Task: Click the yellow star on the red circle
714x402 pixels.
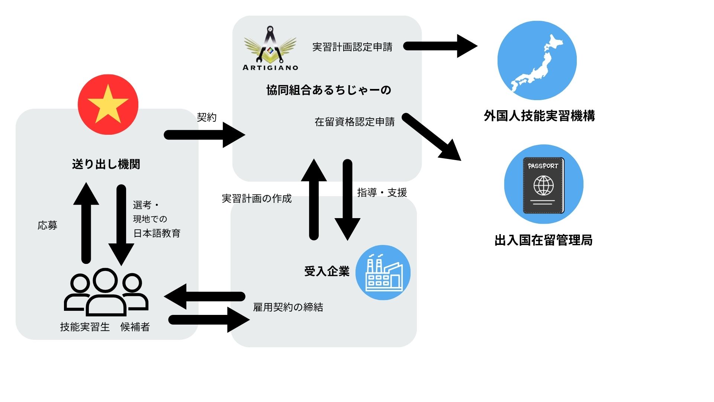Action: [x=108, y=105]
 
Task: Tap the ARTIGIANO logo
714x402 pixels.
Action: [x=270, y=48]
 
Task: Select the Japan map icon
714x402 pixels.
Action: [x=537, y=60]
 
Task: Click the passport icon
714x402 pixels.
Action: [x=544, y=185]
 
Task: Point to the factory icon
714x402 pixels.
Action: [x=383, y=272]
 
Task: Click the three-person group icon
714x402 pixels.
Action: [x=106, y=292]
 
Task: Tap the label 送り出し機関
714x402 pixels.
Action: [x=106, y=164]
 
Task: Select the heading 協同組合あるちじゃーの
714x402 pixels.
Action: [x=328, y=90]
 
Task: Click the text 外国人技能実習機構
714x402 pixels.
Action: [x=539, y=116]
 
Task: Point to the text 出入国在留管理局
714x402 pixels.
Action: [x=543, y=240]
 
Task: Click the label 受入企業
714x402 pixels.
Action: [x=327, y=271]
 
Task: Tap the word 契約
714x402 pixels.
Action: [x=207, y=117]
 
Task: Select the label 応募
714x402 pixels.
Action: [x=48, y=225]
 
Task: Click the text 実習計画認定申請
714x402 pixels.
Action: [x=352, y=47]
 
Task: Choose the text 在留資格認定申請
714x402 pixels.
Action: [x=354, y=122]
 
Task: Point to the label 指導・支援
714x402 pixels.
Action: [x=382, y=192]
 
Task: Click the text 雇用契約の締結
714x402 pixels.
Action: [x=288, y=307]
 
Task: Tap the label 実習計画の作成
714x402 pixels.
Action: [x=257, y=198]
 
